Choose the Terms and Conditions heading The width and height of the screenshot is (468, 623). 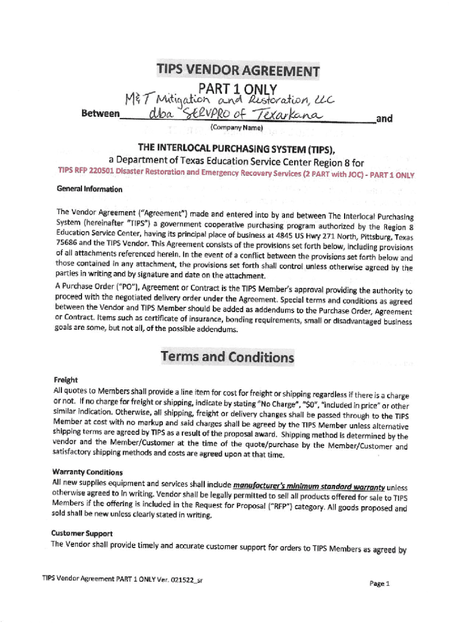pos(227,357)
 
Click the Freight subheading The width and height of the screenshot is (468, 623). pos(65,379)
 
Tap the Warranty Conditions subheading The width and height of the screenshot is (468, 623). pos(88,472)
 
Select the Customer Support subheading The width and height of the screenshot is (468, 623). pos(82,534)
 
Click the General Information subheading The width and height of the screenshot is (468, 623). pos(89,189)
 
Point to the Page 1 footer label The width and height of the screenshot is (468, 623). pos(379,583)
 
